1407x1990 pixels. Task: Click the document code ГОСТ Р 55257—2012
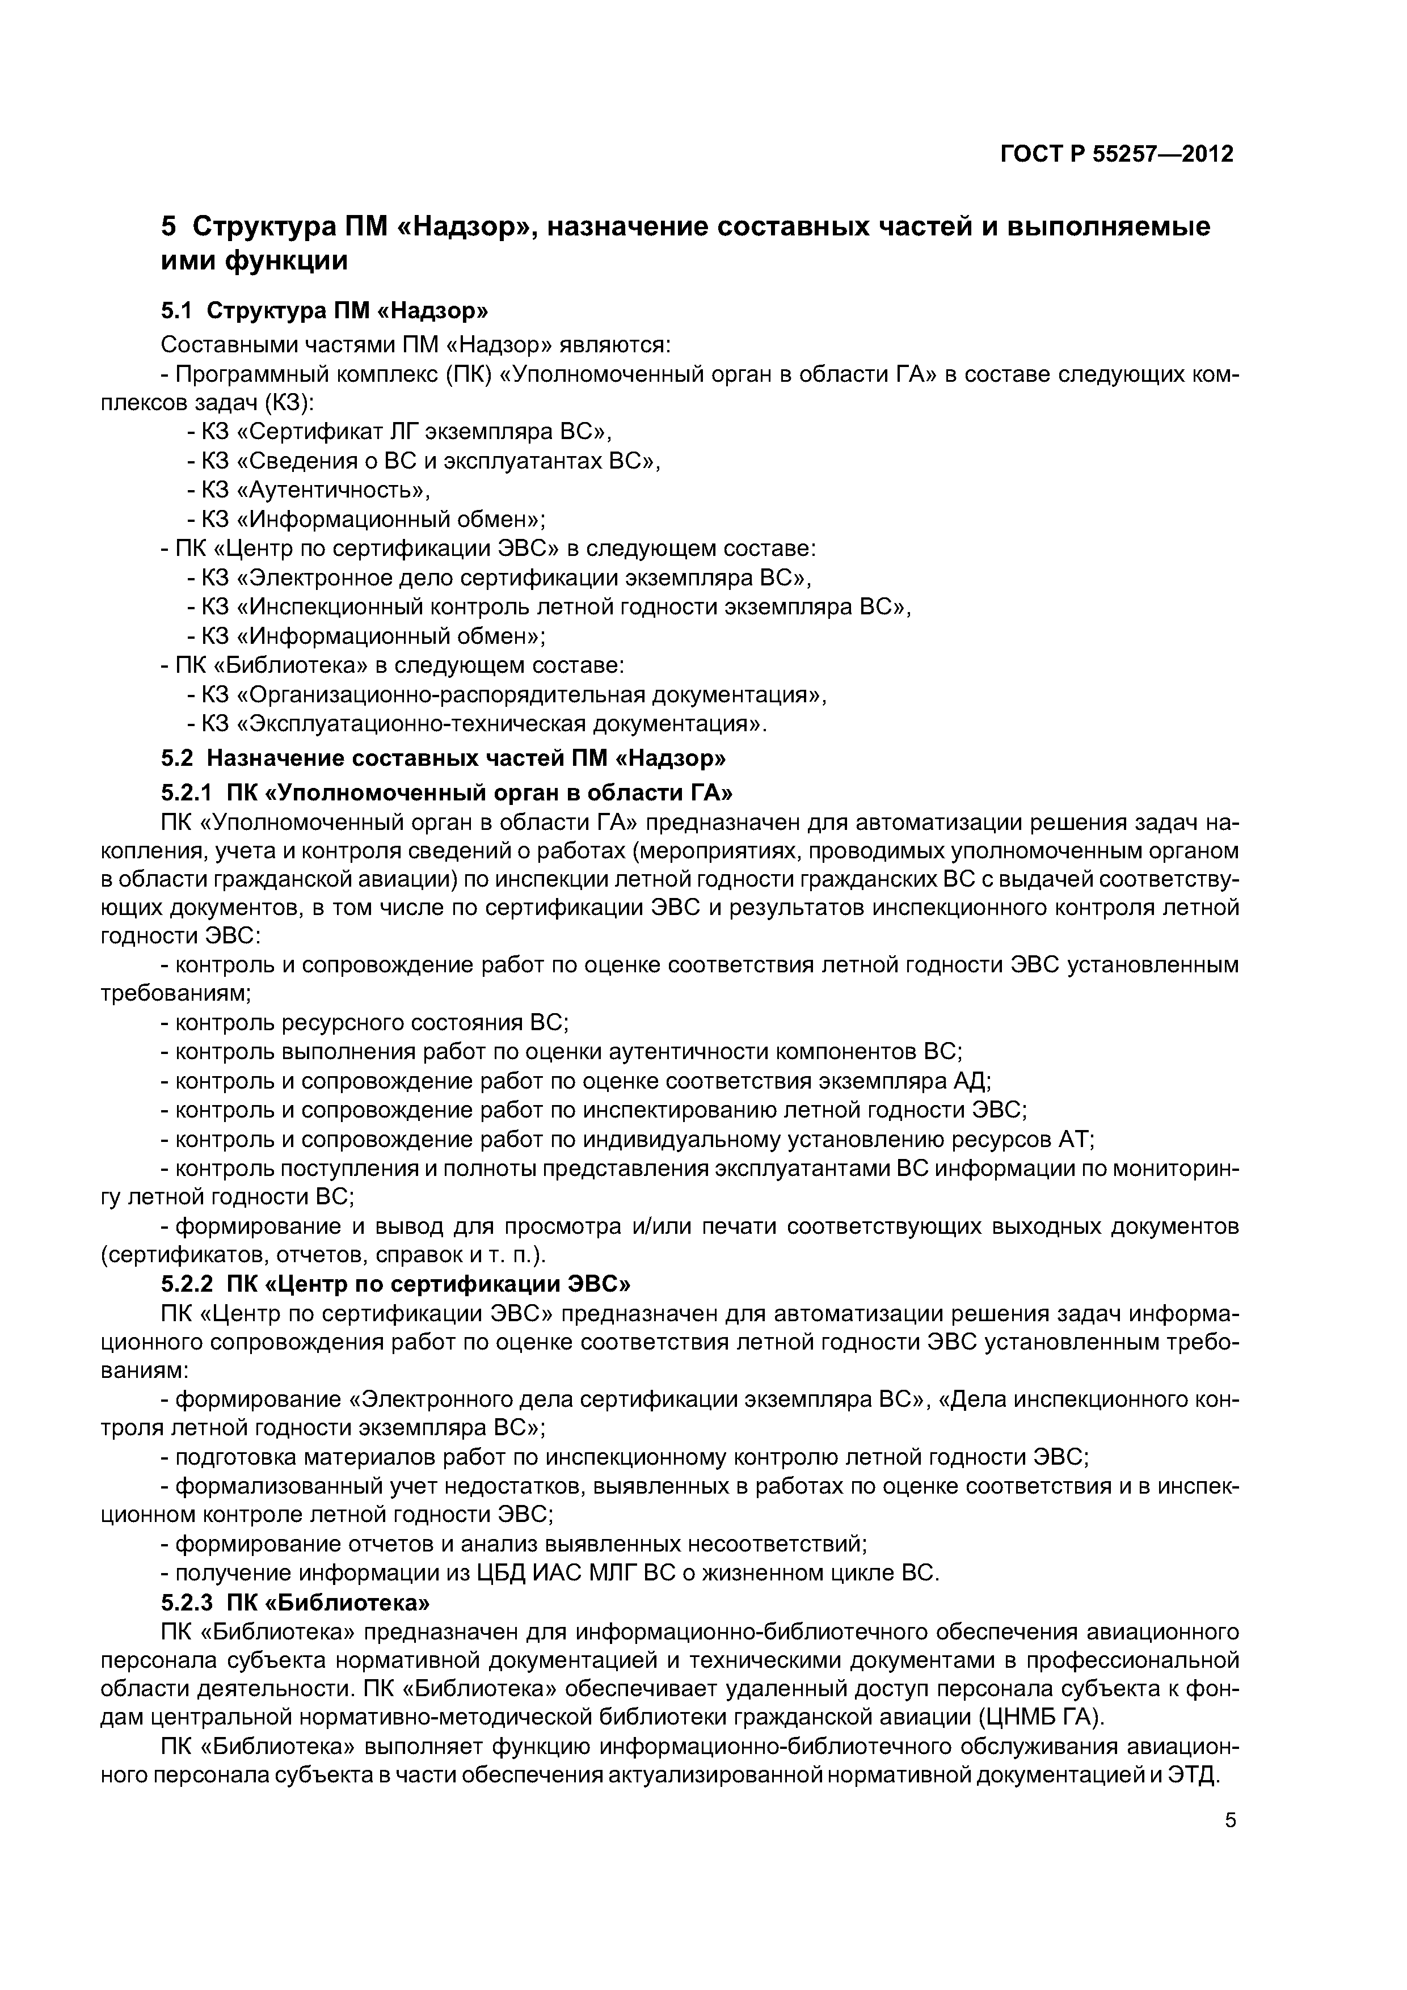point(1117,154)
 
